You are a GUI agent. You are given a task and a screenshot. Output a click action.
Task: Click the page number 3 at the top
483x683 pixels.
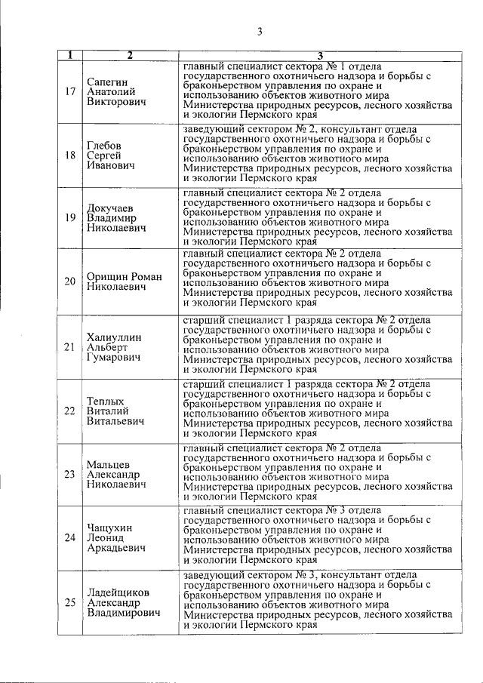[x=259, y=31]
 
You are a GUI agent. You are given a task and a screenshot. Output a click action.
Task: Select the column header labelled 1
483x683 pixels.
[x=69, y=55]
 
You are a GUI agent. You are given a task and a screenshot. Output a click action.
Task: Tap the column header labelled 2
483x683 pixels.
[x=129, y=55]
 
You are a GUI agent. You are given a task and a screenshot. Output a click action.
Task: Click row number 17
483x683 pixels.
[x=69, y=92]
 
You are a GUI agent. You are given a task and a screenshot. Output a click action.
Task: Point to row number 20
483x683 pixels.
[x=69, y=282]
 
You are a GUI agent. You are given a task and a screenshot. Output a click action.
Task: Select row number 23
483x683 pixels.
[x=69, y=475]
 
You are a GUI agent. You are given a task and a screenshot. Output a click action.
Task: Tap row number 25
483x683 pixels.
[x=69, y=602]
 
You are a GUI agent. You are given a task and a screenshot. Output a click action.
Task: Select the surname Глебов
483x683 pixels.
[x=105, y=145]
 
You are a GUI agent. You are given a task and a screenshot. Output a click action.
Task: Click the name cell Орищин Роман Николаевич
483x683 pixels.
[x=125, y=282]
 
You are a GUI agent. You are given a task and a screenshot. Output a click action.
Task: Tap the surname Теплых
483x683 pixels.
[x=105, y=401]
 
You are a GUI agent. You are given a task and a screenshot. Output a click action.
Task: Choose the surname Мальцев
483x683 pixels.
[x=109, y=464]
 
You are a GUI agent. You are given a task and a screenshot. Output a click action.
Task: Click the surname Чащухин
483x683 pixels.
[x=109, y=528]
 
